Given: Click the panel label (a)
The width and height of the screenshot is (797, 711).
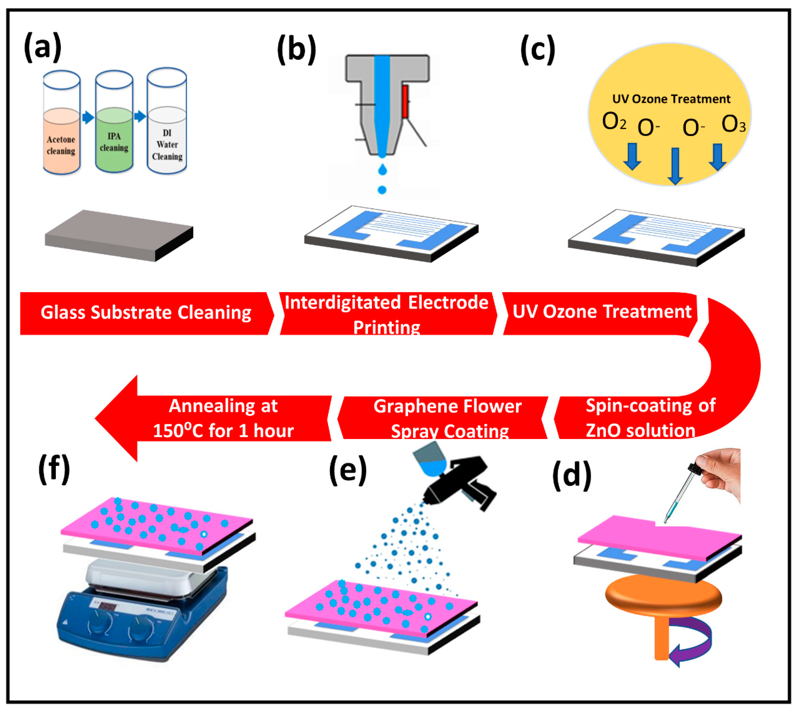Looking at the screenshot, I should click(43, 47).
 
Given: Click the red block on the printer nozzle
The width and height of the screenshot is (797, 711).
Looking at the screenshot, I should click(405, 102).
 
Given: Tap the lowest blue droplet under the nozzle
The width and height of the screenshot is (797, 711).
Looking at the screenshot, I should click(382, 190).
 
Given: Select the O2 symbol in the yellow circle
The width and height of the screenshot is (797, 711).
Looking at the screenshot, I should click(614, 122).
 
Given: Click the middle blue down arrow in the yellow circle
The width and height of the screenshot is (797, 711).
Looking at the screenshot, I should click(675, 166).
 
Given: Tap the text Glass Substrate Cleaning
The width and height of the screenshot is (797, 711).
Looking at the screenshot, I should click(146, 312).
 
